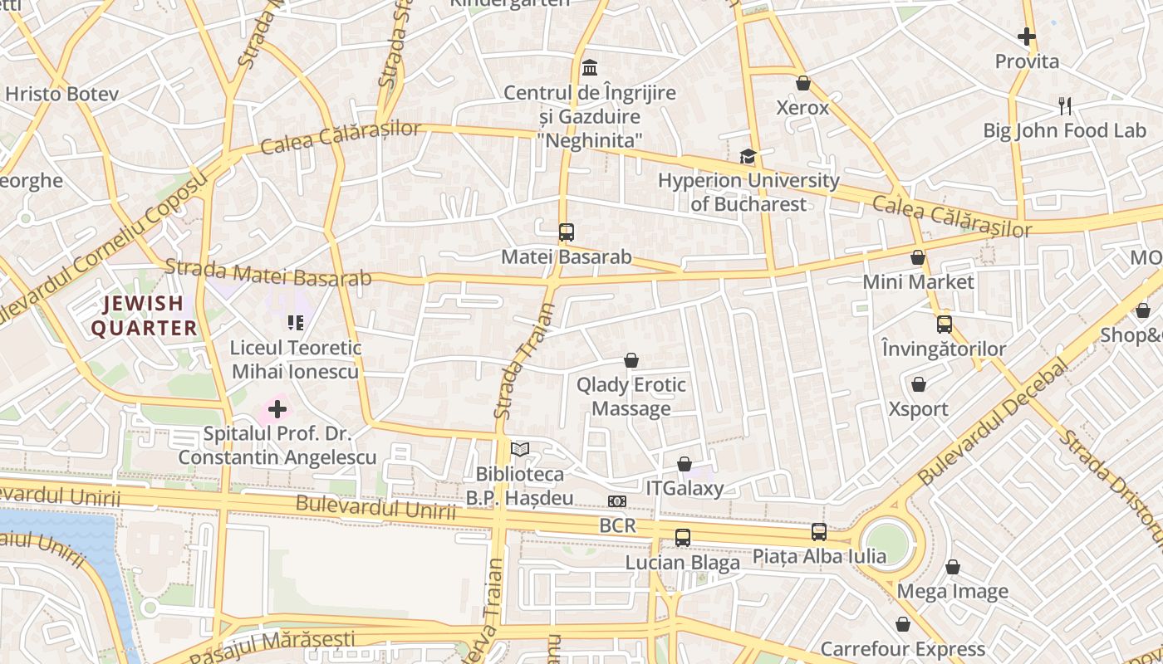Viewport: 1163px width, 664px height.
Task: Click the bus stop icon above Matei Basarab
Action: click(567, 232)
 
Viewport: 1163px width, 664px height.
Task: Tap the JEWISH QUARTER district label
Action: click(144, 315)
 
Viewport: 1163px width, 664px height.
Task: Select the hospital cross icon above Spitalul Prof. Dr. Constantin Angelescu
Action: click(277, 409)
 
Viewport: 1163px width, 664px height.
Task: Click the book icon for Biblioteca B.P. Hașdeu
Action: click(520, 450)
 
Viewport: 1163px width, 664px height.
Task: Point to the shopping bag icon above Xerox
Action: click(802, 83)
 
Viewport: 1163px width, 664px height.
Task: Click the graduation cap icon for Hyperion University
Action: click(748, 156)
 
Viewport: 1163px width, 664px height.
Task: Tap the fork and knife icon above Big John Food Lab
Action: click(1065, 105)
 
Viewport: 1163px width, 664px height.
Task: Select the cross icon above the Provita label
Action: click(1027, 37)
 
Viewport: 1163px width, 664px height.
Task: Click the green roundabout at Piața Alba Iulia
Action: click(887, 542)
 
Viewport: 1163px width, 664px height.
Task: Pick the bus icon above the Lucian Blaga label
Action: click(682, 538)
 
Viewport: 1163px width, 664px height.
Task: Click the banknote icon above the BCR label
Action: click(616, 501)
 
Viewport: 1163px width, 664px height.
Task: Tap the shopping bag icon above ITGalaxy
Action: click(684, 464)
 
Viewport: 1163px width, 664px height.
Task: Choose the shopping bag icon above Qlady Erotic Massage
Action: click(631, 360)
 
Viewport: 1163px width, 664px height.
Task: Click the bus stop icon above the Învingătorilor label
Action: click(944, 325)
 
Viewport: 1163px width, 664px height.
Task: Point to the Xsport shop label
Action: click(918, 408)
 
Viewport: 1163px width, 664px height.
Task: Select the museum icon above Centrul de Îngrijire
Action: click(590, 67)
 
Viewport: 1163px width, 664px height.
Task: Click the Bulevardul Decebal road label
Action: click(994, 422)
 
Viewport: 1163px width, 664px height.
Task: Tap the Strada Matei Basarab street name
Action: click(267, 273)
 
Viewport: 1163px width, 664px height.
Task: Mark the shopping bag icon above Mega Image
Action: click(953, 567)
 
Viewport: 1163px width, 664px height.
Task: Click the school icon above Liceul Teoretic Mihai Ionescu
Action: click(296, 322)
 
